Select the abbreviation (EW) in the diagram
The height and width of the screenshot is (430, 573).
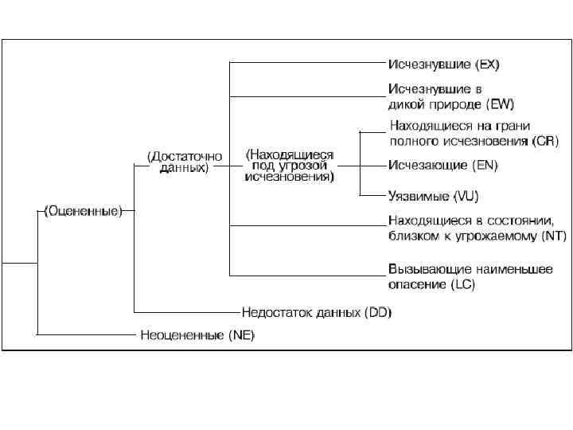point(500,104)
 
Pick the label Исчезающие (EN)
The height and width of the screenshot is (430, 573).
point(442,166)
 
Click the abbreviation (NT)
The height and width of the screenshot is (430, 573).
point(552,236)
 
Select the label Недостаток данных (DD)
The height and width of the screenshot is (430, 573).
point(317,312)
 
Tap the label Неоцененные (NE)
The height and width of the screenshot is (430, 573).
point(197,335)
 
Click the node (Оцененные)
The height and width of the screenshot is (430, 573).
point(83,211)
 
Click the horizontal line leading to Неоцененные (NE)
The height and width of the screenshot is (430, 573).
point(88,334)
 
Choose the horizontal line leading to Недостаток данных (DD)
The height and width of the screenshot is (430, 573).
point(187,312)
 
